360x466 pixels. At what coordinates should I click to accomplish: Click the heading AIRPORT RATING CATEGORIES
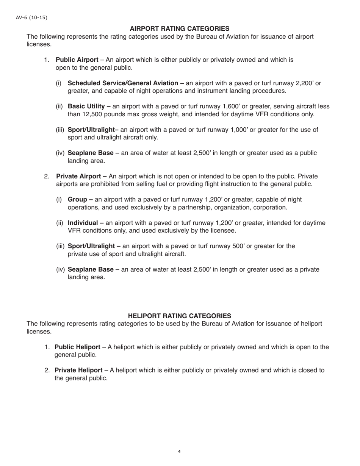(x=179, y=28)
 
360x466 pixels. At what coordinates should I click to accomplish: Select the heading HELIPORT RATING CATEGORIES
(x=179, y=316)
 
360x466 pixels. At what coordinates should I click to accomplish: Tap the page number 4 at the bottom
(x=179, y=451)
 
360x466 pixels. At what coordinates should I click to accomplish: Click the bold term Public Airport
(x=77, y=60)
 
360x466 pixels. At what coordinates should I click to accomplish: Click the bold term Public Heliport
(x=77, y=347)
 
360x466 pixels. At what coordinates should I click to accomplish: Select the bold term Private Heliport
(x=78, y=370)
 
